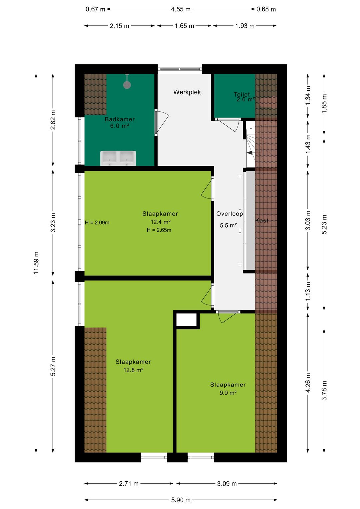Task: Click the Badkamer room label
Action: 119,119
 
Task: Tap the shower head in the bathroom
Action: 127,84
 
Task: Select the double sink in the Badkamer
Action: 118,158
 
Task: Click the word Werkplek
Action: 187,92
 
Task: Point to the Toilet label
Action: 242,94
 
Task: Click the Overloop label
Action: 229,214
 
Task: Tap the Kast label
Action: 262,220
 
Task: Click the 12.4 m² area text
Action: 161,222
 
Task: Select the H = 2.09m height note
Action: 97,223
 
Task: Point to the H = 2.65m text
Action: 159,230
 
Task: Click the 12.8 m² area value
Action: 133,370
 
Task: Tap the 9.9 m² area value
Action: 228,393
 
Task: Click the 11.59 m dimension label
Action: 36,263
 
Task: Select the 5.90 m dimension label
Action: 181,500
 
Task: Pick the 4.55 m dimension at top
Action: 181,9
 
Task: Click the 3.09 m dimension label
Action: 227,484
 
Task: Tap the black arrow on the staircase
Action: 250,153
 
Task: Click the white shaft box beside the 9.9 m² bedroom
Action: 186,320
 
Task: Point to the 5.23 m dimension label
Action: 324,224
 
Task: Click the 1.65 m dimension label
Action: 184,26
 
